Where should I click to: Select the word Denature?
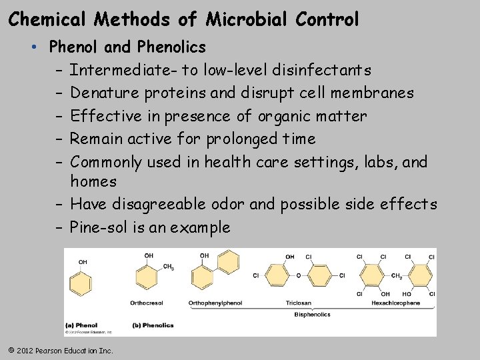(101, 93)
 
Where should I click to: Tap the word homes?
(93, 181)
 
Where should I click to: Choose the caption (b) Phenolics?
(153, 325)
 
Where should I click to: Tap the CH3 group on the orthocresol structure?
(169, 267)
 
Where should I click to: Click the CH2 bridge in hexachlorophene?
(396, 275)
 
